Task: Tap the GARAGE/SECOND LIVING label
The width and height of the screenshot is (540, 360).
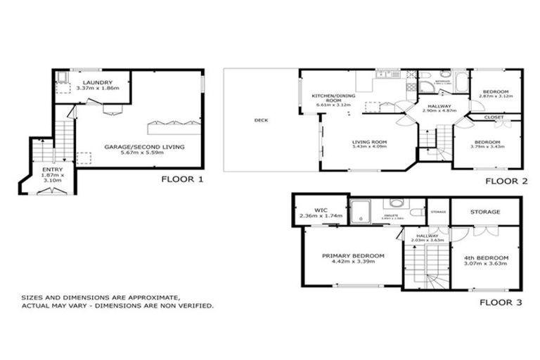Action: point(144,146)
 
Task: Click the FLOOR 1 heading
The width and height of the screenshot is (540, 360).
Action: point(182,179)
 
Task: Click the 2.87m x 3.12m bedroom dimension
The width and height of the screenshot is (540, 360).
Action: point(496,96)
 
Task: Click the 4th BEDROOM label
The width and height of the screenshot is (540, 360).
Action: point(486,257)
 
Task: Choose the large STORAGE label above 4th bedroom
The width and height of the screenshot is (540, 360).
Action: point(486,211)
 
